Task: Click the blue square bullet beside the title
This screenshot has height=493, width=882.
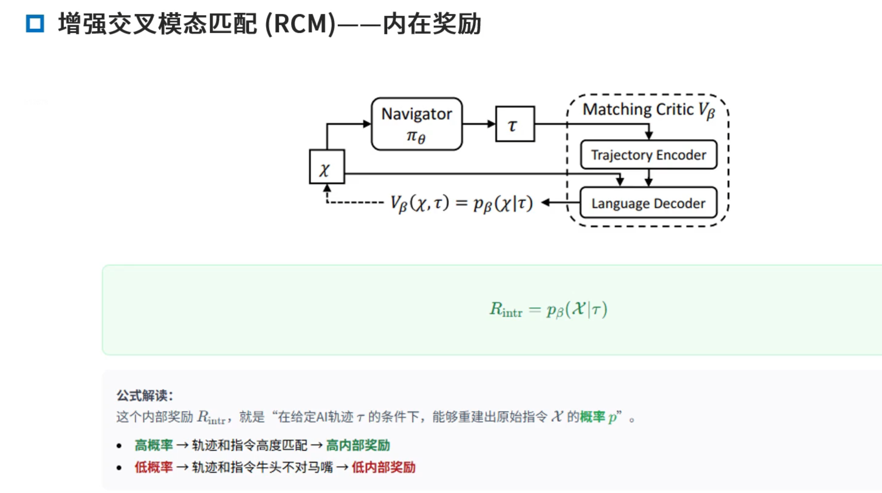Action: click(x=35, y=23)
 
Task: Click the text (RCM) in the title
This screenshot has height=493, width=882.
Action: click(x=300, y=24)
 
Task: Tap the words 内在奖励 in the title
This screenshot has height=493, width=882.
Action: click(x=432, y=24)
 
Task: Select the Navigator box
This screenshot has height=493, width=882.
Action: click(x=416, y=124)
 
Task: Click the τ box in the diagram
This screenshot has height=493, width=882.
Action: click(x=515, y=124)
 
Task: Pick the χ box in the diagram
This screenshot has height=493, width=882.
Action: click(x=327, y=167)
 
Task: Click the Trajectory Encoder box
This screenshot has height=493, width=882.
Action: click(x=648, y=155)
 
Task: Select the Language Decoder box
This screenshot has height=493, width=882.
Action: click(x=648, y=203)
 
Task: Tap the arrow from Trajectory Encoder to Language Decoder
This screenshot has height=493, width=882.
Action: click(x=649, y=178)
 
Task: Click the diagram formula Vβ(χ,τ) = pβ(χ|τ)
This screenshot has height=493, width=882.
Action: click(x=461, y=203)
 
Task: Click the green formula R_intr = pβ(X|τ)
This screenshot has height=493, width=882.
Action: click(x=548, y=310)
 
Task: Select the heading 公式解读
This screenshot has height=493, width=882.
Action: click(x=144, y=395)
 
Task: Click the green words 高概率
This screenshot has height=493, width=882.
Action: click(x=154, y=445)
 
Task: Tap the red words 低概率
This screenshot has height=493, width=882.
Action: click(x=154, y=467)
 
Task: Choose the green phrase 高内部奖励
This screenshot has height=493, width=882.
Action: click(x=358, y=445)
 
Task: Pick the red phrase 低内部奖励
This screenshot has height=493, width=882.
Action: click(x=383, y=467)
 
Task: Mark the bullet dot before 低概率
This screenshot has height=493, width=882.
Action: click(x=119, y=468)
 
